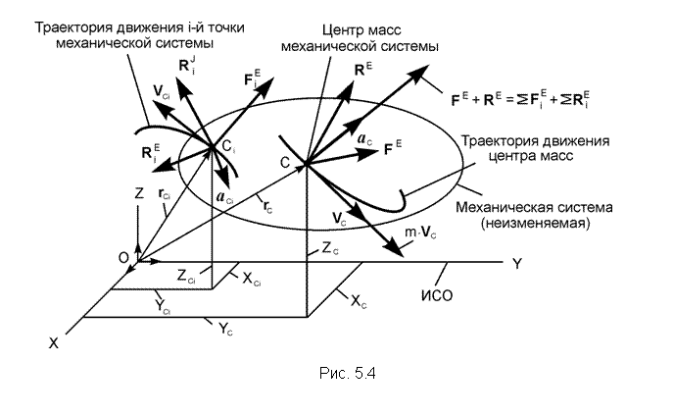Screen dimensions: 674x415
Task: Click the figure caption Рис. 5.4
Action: (x=348, y=373)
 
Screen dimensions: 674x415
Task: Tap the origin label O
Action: (x=123, y=257)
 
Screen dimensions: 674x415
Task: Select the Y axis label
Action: (x=517, y=264)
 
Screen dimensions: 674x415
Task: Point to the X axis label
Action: (x=53, y=343)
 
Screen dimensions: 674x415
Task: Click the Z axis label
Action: (x=139, y=193)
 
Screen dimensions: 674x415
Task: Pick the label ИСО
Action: (x=437, y=295)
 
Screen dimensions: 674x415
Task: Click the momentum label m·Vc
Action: (x=420, y=233)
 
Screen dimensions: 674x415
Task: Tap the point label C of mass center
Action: (x=285, y=162)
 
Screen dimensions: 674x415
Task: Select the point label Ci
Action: (x=228, y=147)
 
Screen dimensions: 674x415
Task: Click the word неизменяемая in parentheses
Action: (x=535, y=223)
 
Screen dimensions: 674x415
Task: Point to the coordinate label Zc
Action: (x=330, y=248)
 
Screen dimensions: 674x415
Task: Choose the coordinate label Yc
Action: (x=225, y=329)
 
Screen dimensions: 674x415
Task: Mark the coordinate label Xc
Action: (x=359, y=302)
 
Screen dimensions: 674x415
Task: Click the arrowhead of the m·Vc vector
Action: (x=396, y=250)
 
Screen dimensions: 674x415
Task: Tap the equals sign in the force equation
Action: (x=509, y=100)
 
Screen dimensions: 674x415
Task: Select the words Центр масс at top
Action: (x=361, y=30)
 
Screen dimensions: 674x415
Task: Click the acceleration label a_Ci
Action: (x=224, y=197)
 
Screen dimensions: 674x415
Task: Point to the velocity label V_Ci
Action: (x=162, y=91)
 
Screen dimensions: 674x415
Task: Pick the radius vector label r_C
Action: (x=267, y=207)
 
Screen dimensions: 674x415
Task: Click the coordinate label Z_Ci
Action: (x=186, y=276)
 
